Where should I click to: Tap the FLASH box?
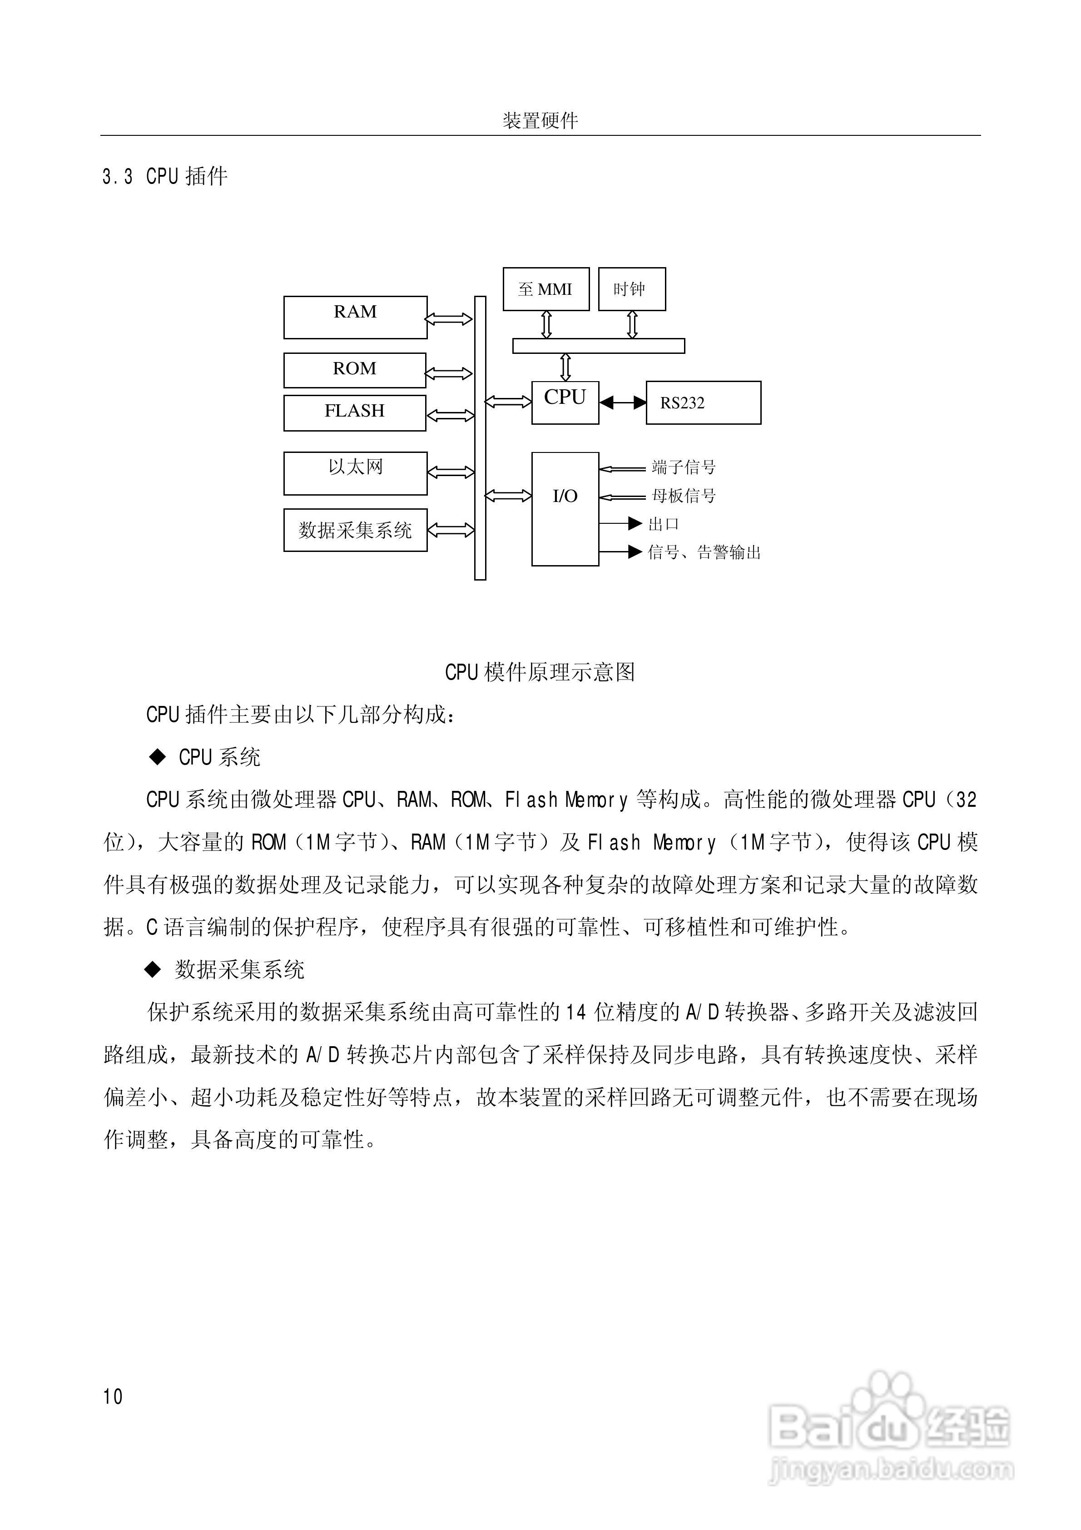(x=355, y=412)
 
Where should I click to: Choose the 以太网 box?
(x=355, y=473)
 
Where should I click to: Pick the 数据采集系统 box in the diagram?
(x=355, y=531)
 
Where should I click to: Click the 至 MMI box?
(x=546, y=289)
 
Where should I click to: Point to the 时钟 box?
(x=631, y=289)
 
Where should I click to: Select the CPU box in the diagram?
(x=565, y=402)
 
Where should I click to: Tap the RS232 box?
(x=703, y=402)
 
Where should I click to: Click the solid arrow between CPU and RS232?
(x=622, y=402)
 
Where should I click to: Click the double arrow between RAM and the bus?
(x=449, y=319)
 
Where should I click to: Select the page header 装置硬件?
(x=540, y=121)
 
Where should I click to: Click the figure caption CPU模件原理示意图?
(x=540, y=672)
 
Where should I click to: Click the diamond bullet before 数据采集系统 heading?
(x=153, y=970)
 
